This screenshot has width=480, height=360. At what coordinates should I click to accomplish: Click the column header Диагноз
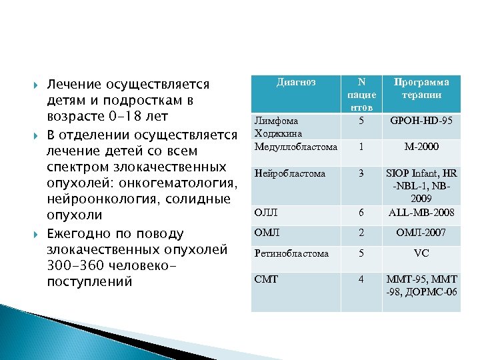[295, 83]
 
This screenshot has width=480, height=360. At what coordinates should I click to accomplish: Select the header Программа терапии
[421, 89]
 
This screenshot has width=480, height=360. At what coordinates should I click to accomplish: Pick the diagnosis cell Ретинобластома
[293, 253]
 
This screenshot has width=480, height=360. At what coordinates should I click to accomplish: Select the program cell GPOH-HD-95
[421, 122]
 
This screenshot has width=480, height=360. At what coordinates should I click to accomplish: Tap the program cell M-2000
[421, 146]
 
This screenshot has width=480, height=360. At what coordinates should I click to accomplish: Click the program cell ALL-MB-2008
[421, 213]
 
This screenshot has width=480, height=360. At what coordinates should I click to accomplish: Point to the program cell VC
[421, 253]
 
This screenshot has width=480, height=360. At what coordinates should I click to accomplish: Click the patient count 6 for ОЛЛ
[361, 213]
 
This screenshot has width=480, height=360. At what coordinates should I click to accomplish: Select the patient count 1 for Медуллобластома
[361, 146]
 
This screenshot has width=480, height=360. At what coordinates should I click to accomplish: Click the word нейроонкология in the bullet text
[97, 199]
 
